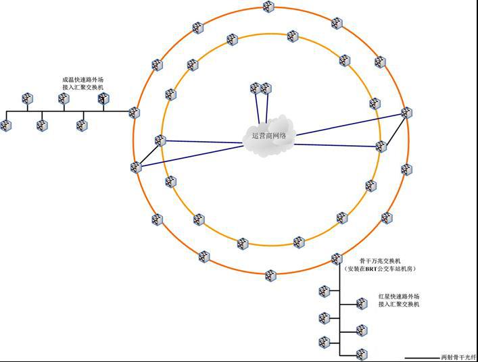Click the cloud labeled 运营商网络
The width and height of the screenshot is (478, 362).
point(269,136)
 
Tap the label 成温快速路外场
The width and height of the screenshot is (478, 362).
point(83,80)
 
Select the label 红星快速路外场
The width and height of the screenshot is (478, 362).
point(399,296)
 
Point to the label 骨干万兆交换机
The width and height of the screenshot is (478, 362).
point(381,261)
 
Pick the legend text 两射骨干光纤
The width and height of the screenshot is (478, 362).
point(458,357)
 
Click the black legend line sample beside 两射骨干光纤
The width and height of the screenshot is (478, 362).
point(422,358)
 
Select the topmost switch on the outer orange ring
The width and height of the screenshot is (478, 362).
point(268,6)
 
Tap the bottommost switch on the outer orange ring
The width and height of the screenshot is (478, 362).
point(270,276)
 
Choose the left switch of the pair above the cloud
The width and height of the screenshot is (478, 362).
point(256,88)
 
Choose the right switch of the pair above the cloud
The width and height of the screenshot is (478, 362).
point(266,88)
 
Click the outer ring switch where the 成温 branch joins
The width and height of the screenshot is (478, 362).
point(134,113)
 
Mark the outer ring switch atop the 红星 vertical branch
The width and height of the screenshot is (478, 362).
point(337,259)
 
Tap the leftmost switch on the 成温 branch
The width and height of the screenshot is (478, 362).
point(6,126)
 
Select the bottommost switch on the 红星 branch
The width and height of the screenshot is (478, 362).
point(362,354)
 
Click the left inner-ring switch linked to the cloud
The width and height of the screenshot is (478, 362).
point(160,140)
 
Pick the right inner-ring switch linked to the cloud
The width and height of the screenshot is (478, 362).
point(381,147)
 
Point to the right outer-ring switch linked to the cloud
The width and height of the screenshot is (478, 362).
point(406,113)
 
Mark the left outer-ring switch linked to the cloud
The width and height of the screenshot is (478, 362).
point(136,167)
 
